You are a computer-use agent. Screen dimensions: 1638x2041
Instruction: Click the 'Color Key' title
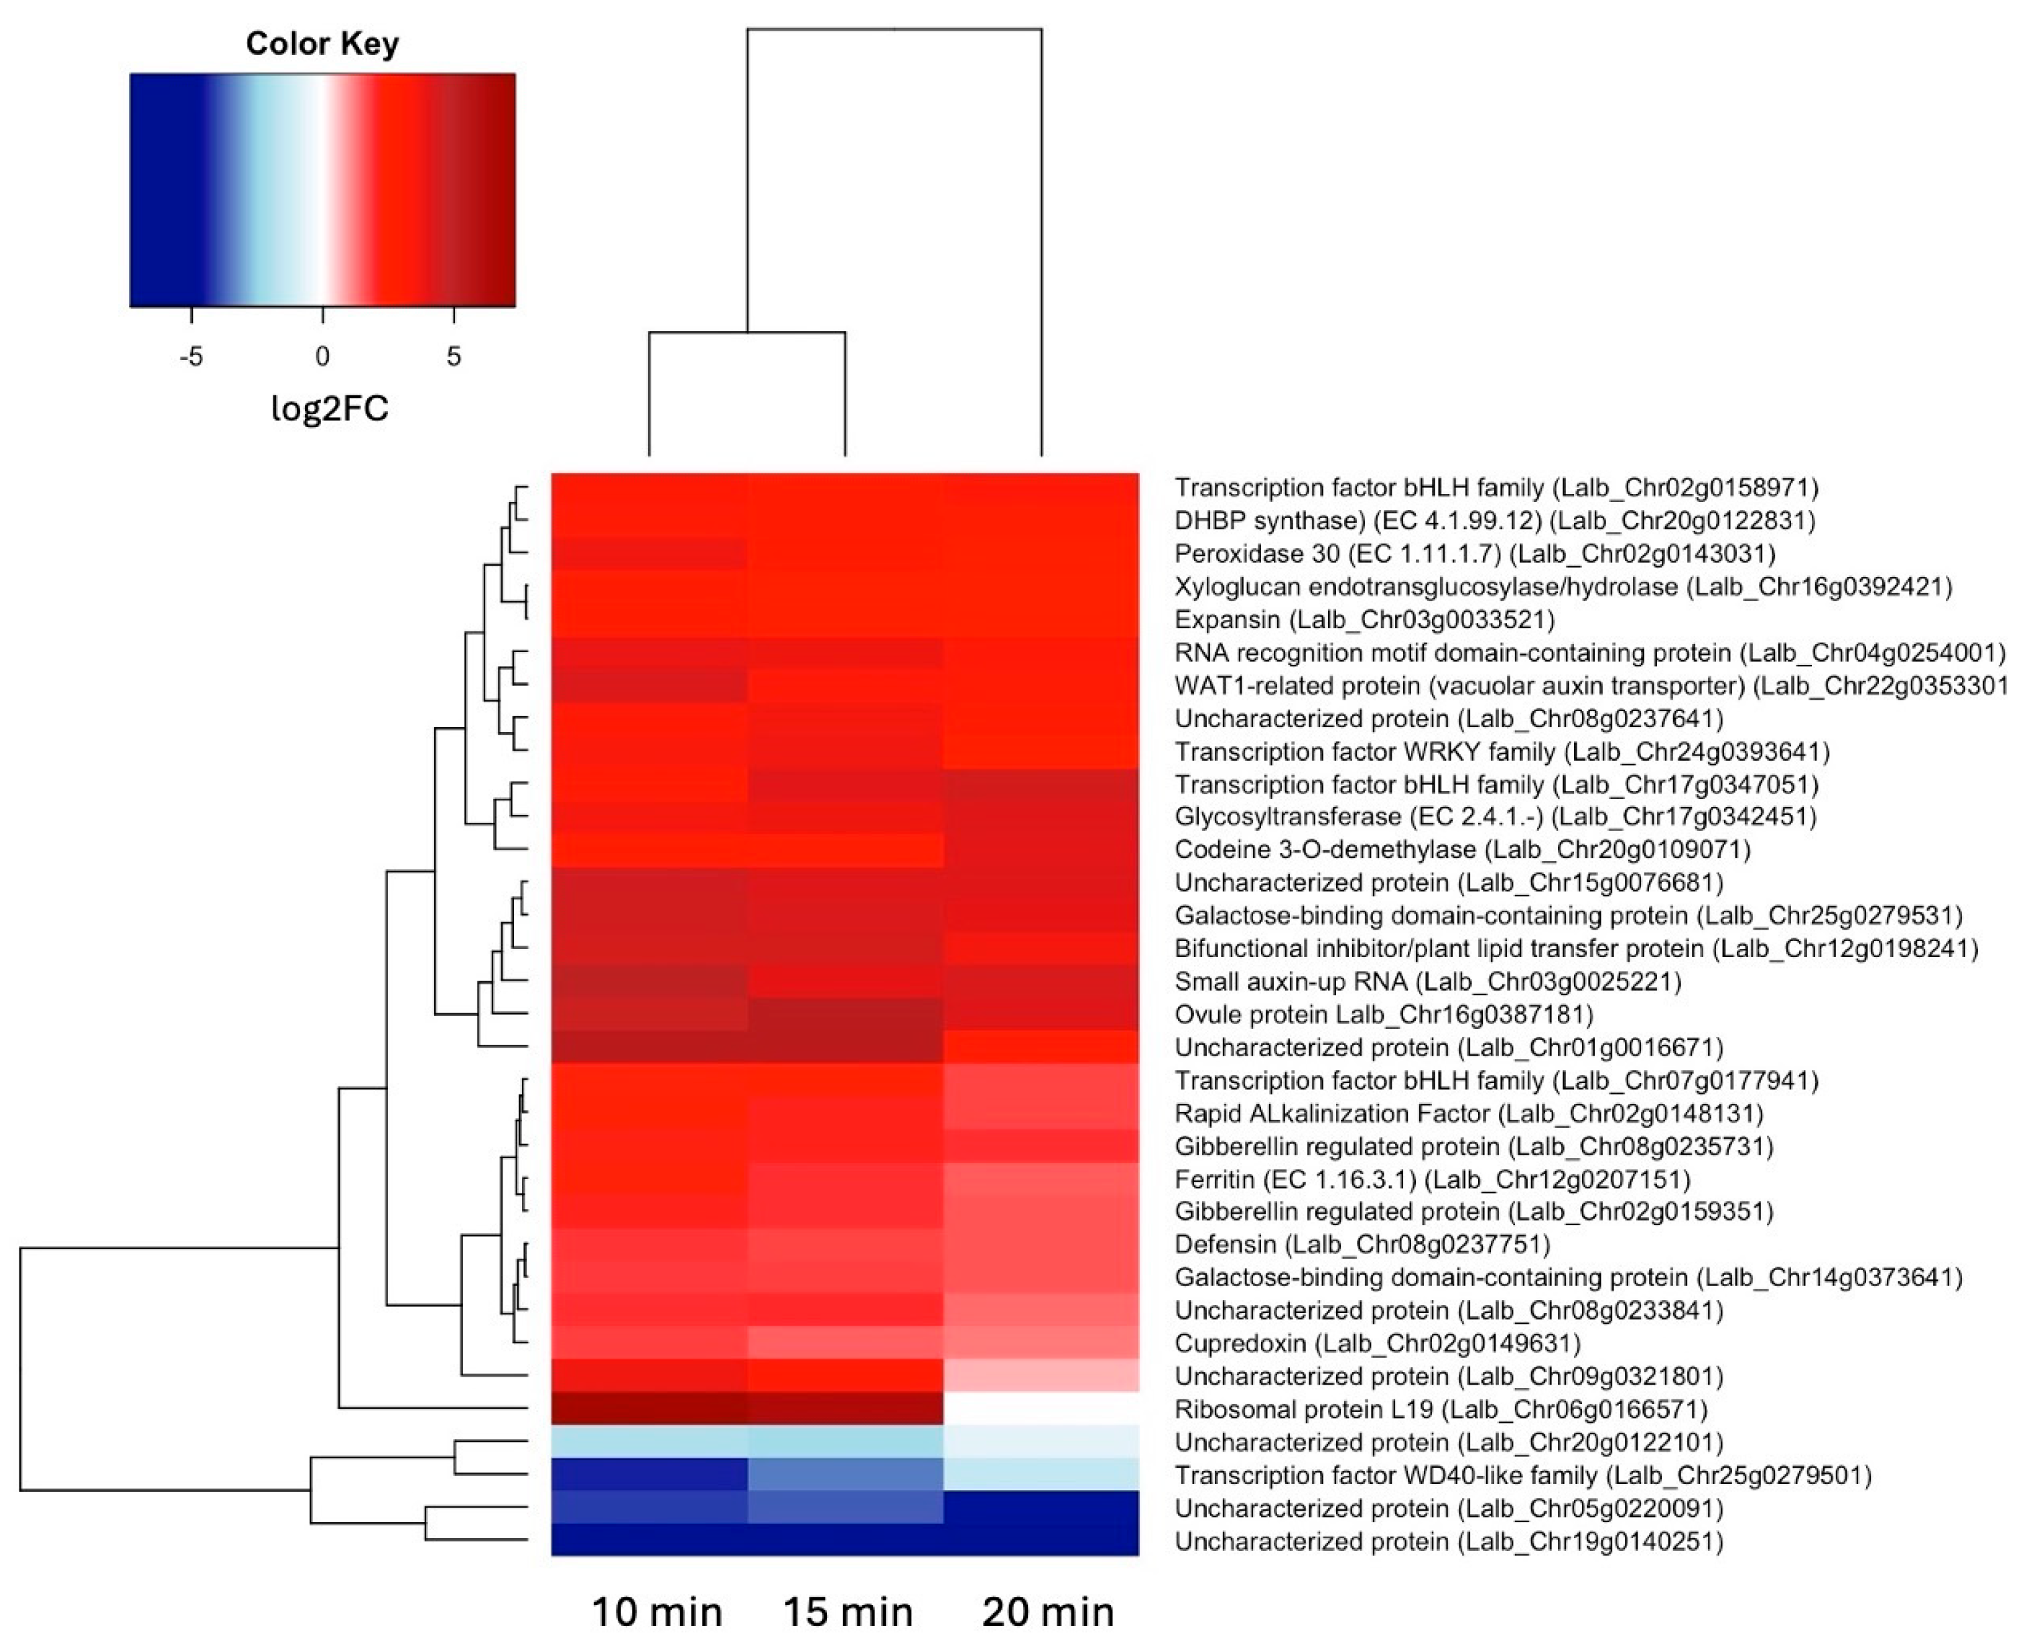coord(322,44)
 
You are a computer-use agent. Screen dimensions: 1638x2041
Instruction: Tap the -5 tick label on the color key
coord(191,357)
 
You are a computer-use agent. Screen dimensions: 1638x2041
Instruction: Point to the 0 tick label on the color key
coord(323,357)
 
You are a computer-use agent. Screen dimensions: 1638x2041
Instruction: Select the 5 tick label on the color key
coord(454,357)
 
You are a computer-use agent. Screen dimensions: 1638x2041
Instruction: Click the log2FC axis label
coord(330,408)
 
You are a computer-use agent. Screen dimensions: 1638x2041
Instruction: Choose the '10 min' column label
coord(656,1611)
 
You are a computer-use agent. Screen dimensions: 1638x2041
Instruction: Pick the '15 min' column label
coord(848,1611)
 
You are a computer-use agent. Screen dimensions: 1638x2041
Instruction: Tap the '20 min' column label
coord(1048,1611)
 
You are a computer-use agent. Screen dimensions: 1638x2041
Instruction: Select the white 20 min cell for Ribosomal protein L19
coord(1041,1409)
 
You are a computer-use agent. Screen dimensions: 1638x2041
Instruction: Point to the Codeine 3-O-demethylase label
coord(1461,849)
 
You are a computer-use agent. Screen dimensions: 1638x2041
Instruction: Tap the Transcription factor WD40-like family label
coord(1522,1475)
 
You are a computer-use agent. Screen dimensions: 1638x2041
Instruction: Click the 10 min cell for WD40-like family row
coord(649,1475)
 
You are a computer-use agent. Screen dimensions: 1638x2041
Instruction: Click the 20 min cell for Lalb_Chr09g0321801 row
coord(1041,1376)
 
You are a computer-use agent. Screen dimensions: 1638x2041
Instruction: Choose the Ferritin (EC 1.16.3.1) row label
coord(1431,1179)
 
